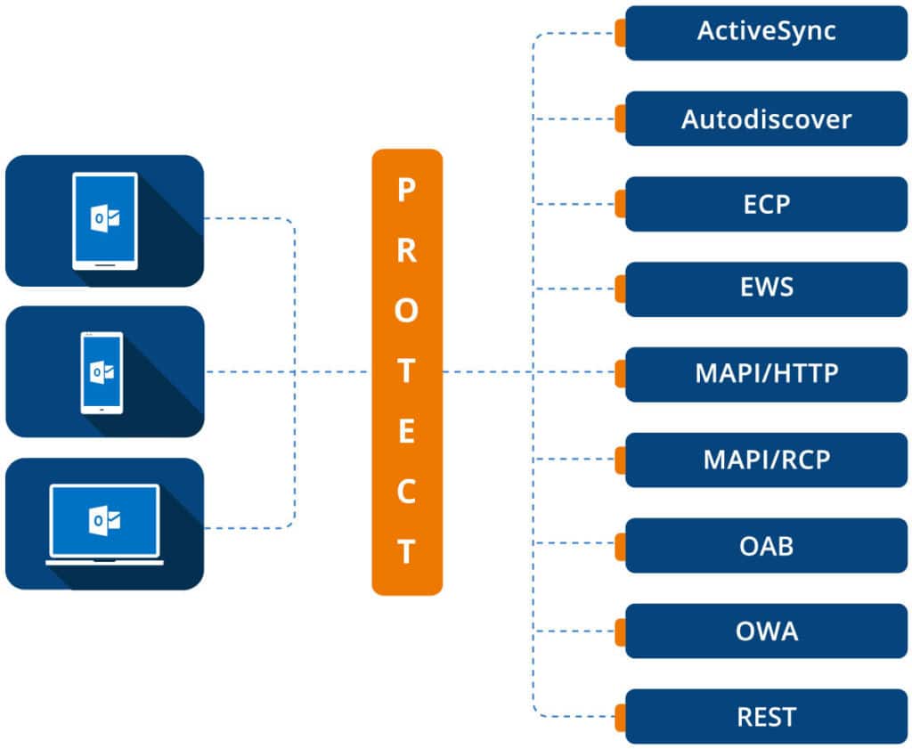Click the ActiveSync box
click(766, 33)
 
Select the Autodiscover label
click(766, 118)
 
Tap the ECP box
click(766, 204)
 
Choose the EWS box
click(766, 289)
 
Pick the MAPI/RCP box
click(766, 460)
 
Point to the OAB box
click(766, 545)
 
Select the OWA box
click(766, 631)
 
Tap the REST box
click(766, 716)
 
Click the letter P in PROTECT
click(406, 190)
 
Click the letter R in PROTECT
click(406, 251)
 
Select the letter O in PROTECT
click(406, 311)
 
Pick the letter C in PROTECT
click(406, 493)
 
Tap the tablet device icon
click(104, 220)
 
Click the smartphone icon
click(102, 372)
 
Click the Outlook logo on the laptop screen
click(104, 519)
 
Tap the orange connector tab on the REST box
click(620, 716)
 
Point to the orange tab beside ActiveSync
click(620, 33)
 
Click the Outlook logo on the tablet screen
click(104, 216)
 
